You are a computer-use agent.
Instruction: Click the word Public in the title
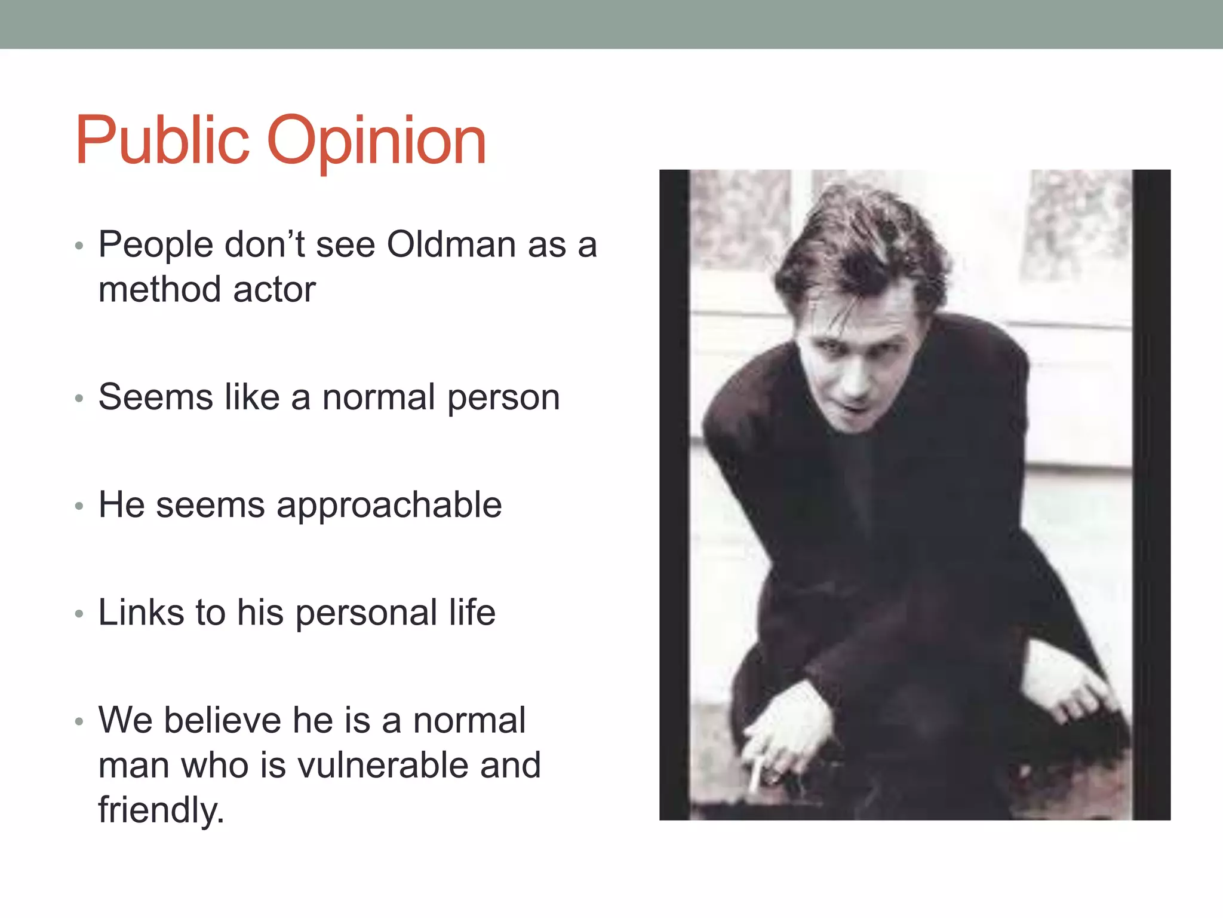[x=162, y=141]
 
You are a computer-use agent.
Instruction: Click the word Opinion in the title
[x=377, y=142]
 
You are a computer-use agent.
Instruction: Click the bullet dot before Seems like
[x=79, y=399]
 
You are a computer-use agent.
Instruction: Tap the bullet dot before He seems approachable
[x=79, y=507]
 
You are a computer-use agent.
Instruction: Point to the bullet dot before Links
[x=79, y=614]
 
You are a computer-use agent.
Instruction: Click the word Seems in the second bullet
[x=155, y=398]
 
